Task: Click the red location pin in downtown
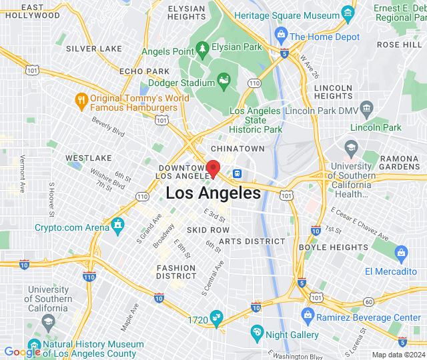pyautogui.click(x=213, y=168)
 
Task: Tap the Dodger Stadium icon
pyautogui.click(x=224, y=83)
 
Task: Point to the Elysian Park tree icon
pyautogui.click(x=202, y=48)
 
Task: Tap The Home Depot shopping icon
pyautogui.click(x=280, y=34)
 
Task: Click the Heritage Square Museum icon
pyautogui.click(x=347, y=12)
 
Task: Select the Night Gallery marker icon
pyautogui.click(x=257, y=331)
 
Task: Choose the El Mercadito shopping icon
pyautogui.click(x=400, y=253)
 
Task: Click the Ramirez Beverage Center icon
pyautogui.click(x=308, y=315)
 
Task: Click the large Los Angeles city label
pyautogui.click(x=213, y=193)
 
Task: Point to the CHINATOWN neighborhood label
pyautogui.click(x=238, y=148)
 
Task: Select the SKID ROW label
pyautogui.click(x=208, y=229)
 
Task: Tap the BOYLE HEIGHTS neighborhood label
pyautogui.click(x=333, y=247)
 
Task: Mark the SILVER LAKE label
pyautogui.click(x=93, y=49)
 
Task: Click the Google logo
pyautogui.click(x=22, y=352)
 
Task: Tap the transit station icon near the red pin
pyautogui.click(x=236, y=173)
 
